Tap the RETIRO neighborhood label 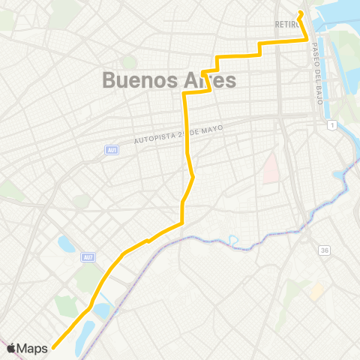point(287,24)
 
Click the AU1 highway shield point(111,150)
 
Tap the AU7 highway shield point(89,258)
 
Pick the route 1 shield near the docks point(331,124)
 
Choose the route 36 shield point(324,250)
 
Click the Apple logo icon point(11,348)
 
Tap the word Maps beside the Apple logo point(33,348)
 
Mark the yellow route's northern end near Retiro point(300,12)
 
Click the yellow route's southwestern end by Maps point(54,348)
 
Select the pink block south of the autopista point(268,167)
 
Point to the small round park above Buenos point(129,62)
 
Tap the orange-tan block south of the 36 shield point(317,289)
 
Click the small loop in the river point(233,241)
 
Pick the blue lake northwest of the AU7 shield point(66,244)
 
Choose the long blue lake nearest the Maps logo point(88,331)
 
